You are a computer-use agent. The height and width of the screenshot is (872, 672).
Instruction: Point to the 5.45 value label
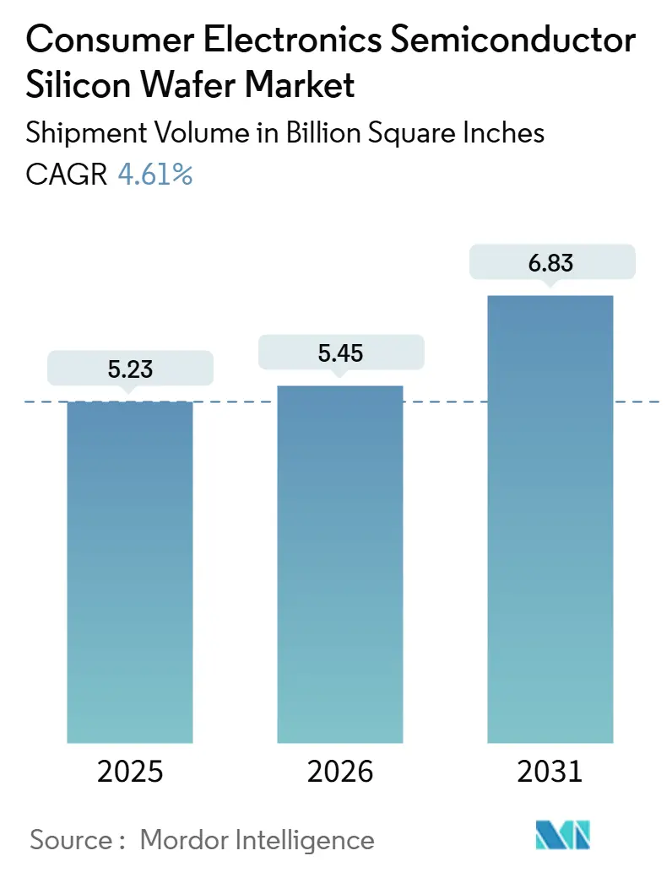click(340, 352)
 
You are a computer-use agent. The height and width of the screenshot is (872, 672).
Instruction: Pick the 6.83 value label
click(550, 262)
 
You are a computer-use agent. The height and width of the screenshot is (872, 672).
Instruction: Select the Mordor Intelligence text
click(257, 839)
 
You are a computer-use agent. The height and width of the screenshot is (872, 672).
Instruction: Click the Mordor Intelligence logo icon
click(563, 835)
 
